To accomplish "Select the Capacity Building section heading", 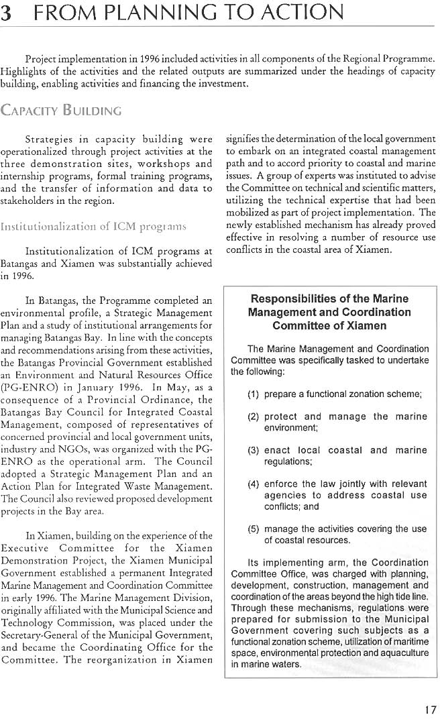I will [62, 109].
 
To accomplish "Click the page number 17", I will [430, 710].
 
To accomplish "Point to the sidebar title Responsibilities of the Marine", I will [329, 298].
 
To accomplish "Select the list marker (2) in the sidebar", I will [254, 417].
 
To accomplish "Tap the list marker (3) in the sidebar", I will [254, 450].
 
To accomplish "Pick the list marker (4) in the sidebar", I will [254, 484].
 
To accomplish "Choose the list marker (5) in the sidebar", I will [254, 529].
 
